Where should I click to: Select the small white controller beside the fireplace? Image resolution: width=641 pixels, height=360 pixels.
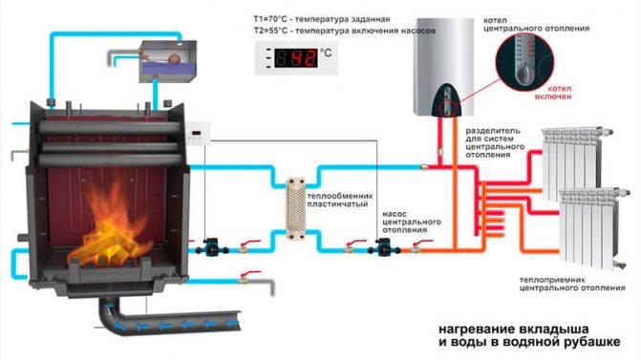[199, 136]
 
